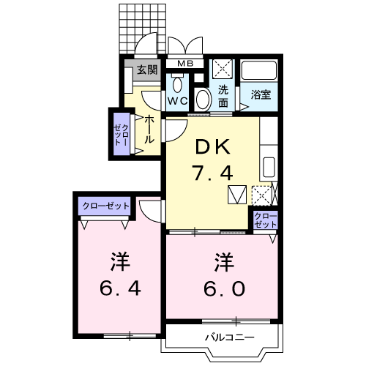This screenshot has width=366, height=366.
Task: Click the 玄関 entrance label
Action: tap(146, 70)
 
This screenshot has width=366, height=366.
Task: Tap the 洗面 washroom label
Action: tap(223, 97)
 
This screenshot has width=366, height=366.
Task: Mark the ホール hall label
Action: tap(149, 129)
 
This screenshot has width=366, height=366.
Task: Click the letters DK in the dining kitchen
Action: tap(213, 147)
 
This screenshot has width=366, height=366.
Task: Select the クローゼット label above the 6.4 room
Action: tap(105, 206)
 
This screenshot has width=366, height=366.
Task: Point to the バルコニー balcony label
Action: tap(228, 337)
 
